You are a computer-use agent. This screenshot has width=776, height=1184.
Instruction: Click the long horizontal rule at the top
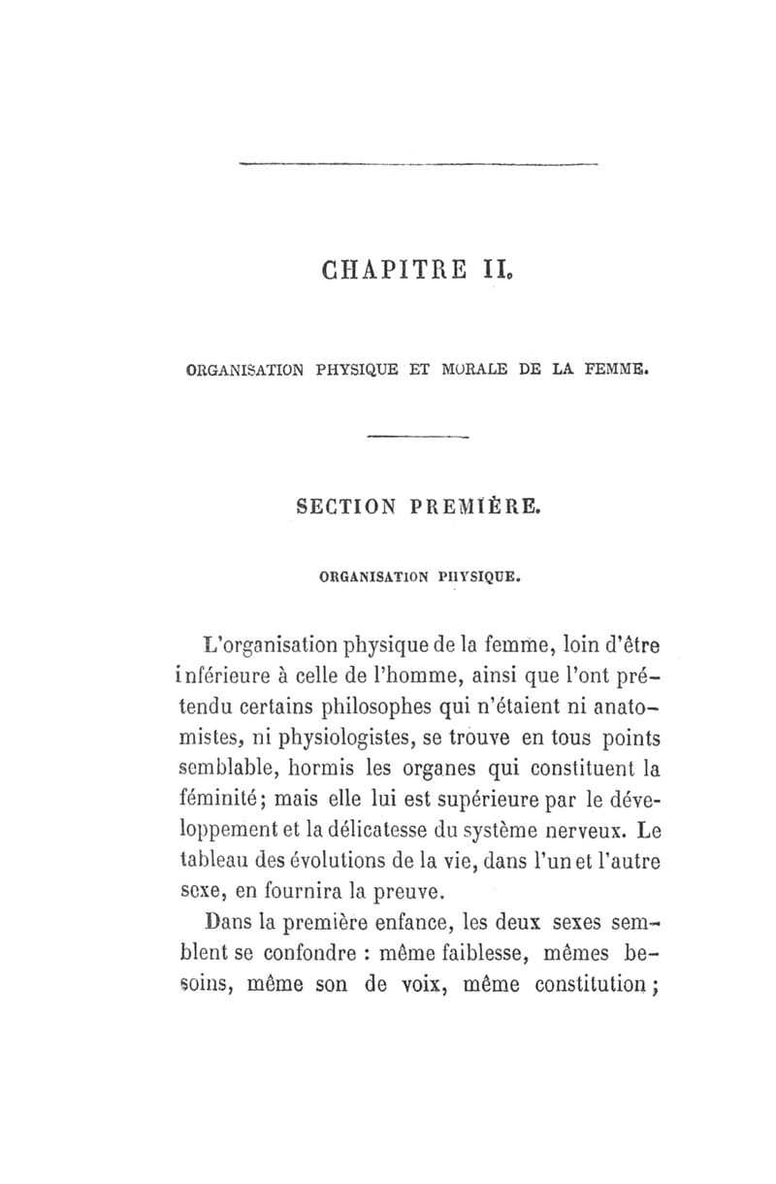point(418,165)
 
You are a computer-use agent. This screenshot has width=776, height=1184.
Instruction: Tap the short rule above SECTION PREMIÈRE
point(418,438)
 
